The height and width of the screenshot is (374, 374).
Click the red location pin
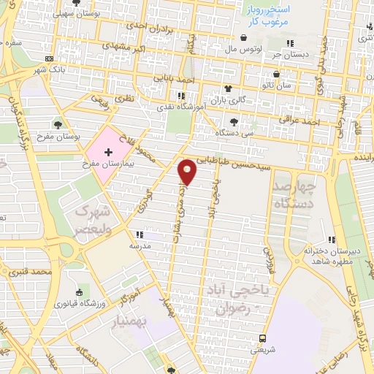coord(188,171)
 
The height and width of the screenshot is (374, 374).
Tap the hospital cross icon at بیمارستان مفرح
coord(109,152)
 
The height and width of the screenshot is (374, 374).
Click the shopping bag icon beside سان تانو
coord(275,75)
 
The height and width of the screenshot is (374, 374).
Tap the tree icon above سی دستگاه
coord(234,121)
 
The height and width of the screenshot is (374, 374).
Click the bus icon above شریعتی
coord(262,338)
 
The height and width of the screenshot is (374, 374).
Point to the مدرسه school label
coord(140,246)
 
